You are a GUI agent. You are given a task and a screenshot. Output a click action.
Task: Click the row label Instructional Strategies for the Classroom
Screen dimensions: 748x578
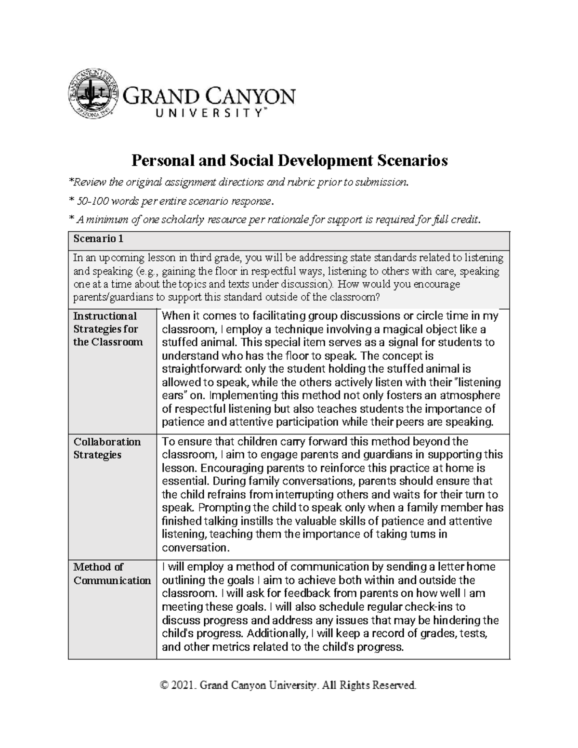(x=108, y=329)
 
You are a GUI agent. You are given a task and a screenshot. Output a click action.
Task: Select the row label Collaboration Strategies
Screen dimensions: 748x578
(x=106, y=448)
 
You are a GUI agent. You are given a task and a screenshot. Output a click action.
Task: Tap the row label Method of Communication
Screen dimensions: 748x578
(x=112, y=573)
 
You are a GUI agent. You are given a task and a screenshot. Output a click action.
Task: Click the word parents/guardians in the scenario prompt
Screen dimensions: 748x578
(x=114, y=297)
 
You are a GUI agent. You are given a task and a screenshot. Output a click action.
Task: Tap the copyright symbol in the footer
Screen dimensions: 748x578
(x=166, y=685)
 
